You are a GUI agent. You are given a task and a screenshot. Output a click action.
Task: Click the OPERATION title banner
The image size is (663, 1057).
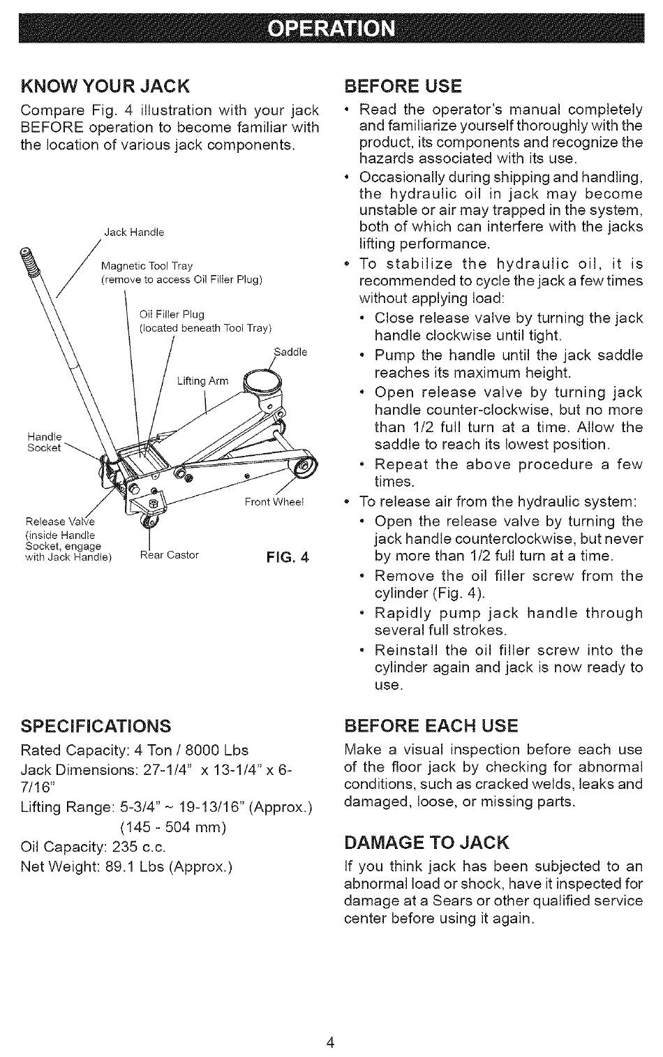tap(331, 28)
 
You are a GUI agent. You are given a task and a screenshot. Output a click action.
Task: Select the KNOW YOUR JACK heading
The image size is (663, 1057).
tap(105, 86)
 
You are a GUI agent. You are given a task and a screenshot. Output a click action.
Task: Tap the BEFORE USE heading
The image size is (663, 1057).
tap(403, 86)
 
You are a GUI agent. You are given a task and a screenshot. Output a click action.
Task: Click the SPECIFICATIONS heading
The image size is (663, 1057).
tap(96, 725)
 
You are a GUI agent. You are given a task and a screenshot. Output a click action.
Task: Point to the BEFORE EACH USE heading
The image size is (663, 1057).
tap(431, 725)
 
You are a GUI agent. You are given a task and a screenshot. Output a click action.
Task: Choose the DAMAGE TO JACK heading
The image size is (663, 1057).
tap(427, 842)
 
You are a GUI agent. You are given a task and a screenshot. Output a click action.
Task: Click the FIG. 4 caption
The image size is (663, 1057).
tap(286, 557)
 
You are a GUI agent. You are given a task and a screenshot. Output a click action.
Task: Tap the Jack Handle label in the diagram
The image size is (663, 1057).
tap(134, 232)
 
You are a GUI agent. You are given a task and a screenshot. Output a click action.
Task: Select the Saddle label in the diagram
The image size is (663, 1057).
tap(291, 353)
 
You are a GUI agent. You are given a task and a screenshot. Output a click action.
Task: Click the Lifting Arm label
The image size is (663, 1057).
tap(202, 381)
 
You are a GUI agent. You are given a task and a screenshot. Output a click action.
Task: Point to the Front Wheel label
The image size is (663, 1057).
tap(274, 502)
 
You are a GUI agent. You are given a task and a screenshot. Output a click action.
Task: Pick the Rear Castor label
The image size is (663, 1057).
tap(170, 555)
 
